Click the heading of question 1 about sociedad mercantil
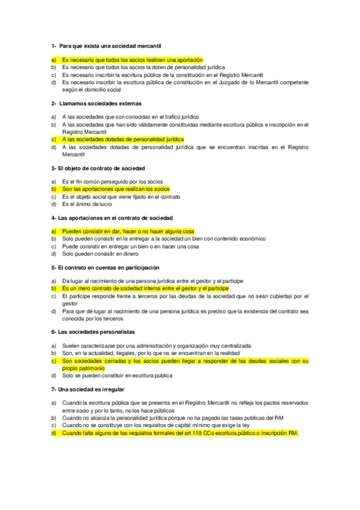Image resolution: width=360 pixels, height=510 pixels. pos(106,46)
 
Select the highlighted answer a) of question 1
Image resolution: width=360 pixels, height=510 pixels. pos(132,60)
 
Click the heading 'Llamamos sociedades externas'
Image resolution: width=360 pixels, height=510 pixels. pos(102,103)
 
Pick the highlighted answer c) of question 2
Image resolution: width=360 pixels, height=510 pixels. pos(123,139)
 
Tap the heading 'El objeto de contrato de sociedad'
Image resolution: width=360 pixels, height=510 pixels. pos(101,168)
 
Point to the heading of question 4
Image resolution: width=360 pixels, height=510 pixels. pos(112,217)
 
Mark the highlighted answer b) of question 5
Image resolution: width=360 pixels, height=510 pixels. pos(141,289)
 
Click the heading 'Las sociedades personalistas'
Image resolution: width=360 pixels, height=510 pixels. pos(96,331)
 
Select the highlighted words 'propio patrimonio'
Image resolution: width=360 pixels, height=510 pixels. pos(83,367)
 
